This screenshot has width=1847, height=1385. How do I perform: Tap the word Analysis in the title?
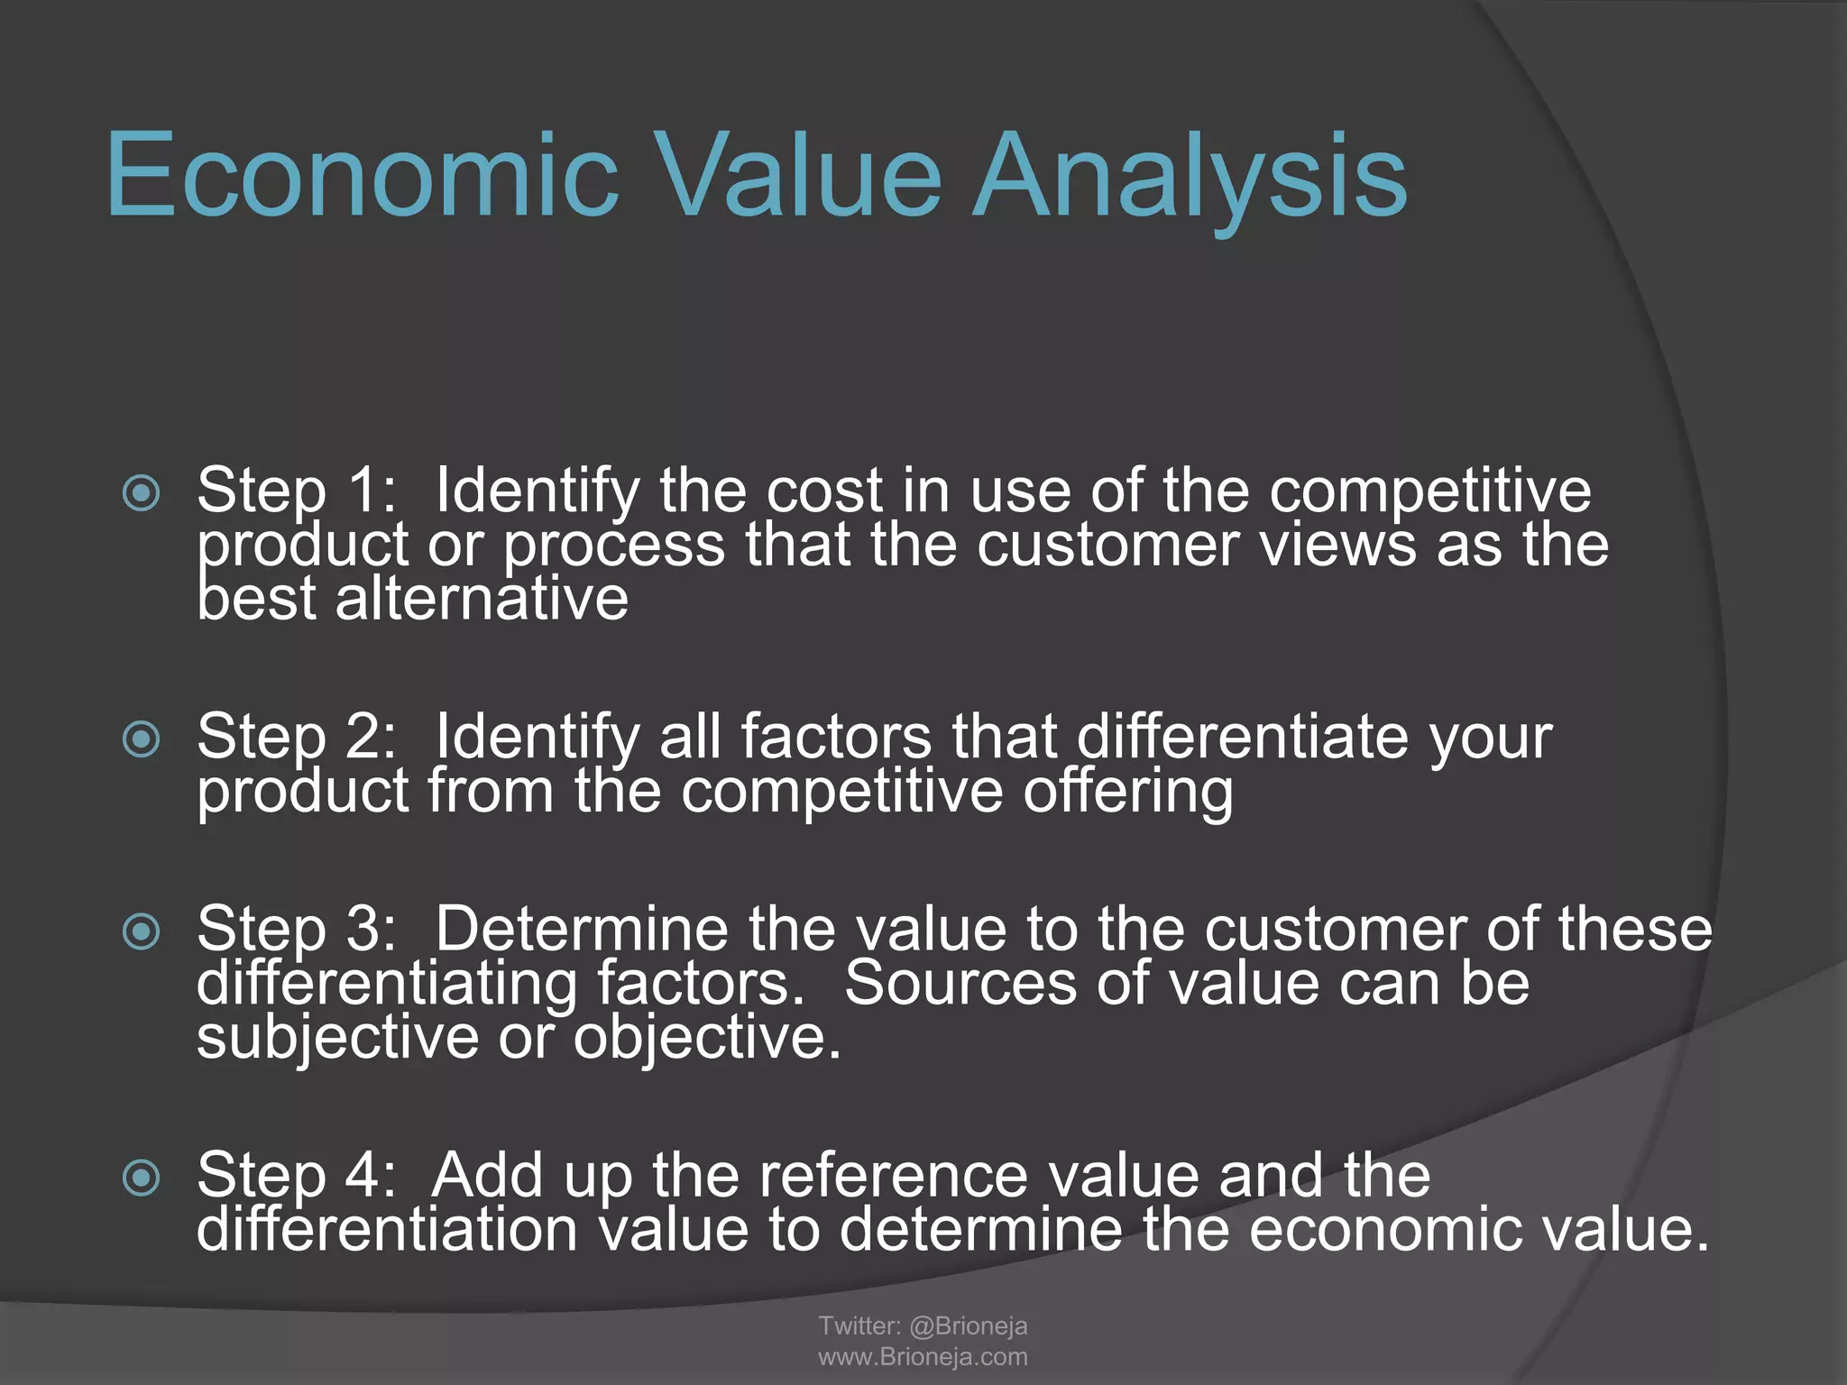coord(1190,176)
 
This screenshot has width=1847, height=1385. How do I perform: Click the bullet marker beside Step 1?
coord(142,493)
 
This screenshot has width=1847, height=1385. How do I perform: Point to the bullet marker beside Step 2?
coord(142,739)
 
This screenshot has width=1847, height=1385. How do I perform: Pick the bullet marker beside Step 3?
coord(142,931)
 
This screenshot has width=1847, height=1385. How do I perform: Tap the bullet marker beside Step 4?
coord(142,1178)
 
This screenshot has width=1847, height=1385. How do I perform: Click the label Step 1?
coord(297,491)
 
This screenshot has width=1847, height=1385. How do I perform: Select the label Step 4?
coord(297,1176)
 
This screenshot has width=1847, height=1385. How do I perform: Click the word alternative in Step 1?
coord(482,599)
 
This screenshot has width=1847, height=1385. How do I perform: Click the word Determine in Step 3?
coord(582,930)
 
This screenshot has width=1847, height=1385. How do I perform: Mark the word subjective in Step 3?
coord(337,1038)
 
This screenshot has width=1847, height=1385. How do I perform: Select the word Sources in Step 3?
coord(960,984)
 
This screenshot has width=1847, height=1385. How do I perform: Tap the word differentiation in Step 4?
coord(387,1230)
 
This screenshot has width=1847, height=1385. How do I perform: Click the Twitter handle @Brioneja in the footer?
coord(968,1325)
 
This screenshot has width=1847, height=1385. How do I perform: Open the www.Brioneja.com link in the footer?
coord(923,1357)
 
